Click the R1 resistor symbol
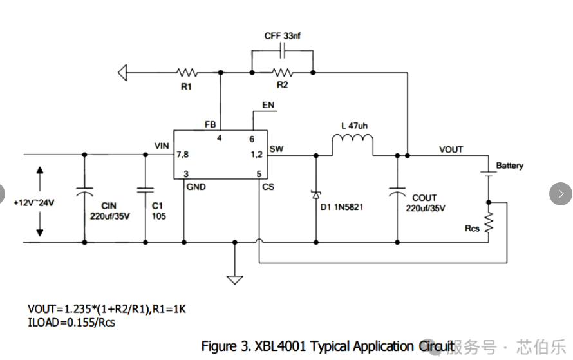187,73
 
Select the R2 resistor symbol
281,72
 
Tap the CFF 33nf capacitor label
282,36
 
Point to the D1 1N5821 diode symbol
316,194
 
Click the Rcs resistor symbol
489,223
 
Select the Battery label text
509,166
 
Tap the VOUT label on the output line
451,149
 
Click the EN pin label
268,105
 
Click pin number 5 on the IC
259,173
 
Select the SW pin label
276,149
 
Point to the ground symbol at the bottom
235,278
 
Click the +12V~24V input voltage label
34,202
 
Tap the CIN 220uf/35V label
110,211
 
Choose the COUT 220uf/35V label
424,203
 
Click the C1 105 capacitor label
158,211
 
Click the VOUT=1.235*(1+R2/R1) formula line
107,309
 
